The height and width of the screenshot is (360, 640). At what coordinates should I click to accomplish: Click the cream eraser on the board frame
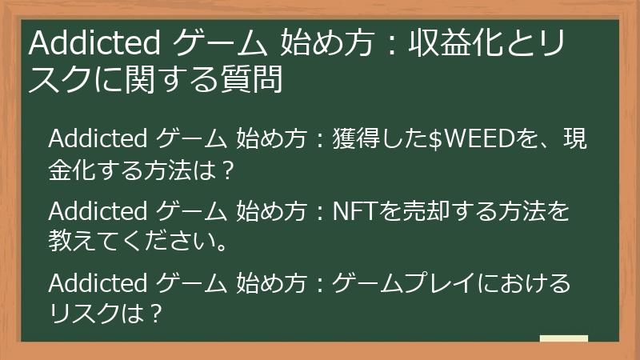(563, 340)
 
